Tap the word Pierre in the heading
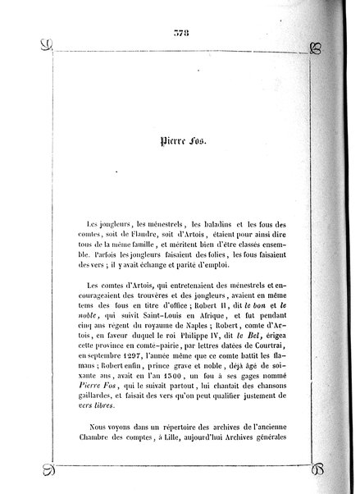click(171, 140)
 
